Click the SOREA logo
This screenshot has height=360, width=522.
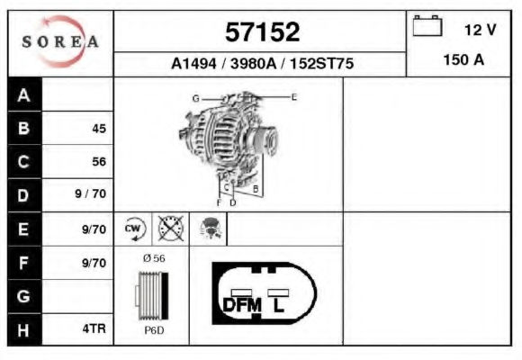click(x=60, y=41)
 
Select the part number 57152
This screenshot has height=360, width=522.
click(x=262, y=32)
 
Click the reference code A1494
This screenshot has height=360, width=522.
click(x=193, y=63)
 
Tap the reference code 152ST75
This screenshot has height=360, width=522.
click(x=321, y=63)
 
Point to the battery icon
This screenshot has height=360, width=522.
click(x=427, y=25)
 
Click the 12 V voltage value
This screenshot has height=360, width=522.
click(x=480, y=30)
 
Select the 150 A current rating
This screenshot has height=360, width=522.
click(x=463, y=60)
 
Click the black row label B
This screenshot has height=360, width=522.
click(x=24, y=128)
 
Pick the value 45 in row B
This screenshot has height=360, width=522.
click(x=99, y=129)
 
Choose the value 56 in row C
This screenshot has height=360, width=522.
click(x=99, y=161)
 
